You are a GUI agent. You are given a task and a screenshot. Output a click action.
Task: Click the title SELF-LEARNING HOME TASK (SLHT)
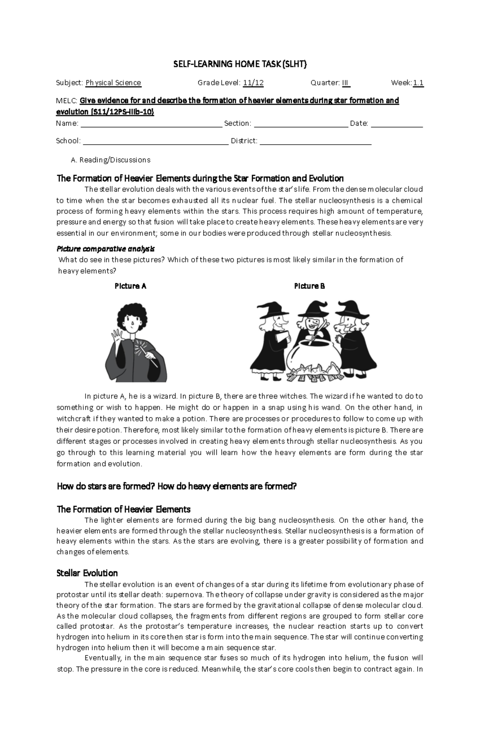click(240, 64)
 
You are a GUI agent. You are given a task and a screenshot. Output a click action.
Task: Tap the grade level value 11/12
click(253, 83)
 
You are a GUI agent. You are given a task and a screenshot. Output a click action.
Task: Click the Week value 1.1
click(418, 83)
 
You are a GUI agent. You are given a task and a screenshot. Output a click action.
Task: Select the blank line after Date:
click(397, 124)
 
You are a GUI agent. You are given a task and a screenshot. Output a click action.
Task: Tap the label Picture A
click(130, 286)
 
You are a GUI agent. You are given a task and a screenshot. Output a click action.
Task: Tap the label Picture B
click(309, 286)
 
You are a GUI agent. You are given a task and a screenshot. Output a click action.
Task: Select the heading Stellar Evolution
click(87, 573)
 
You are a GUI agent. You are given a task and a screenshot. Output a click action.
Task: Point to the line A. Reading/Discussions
click(110, 160)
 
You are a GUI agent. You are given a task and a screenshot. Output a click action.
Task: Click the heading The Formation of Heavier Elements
click(123, 509)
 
